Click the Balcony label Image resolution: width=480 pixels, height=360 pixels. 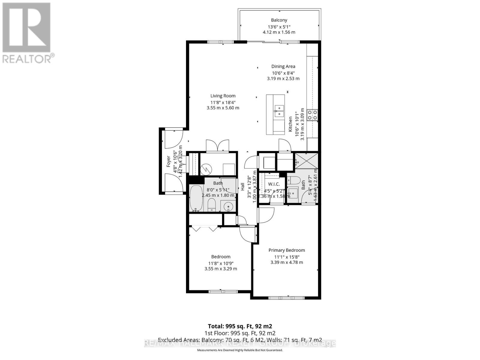[x=279, y=20]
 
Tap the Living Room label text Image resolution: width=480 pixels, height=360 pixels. [x=223, y=96]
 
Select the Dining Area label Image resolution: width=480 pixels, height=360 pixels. [x=283, y=67]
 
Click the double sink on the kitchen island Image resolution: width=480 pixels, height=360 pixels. [x=279, y=111]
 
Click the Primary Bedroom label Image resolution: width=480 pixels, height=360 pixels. [x=286, y=250]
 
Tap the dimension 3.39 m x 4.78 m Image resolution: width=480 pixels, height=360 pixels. [x=286, y=262]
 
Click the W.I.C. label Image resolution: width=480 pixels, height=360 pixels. [x=274, y=184]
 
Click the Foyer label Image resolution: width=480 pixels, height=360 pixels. [x=169, y=161]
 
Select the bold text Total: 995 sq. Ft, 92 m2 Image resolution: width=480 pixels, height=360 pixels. [x=240, y=326]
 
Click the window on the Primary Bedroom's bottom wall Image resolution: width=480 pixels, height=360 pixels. [x=286, y=298]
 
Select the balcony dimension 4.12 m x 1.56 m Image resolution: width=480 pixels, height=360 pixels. [x=279, y=32]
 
